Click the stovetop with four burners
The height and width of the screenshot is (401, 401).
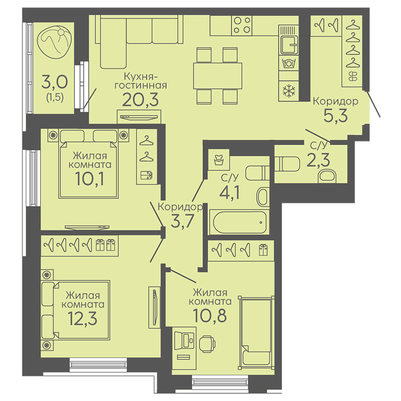click(242, 26)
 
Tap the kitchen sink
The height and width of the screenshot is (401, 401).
click(289, 45)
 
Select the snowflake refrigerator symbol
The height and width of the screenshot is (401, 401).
click(289, 91)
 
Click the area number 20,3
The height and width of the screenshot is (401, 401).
click(140, 99)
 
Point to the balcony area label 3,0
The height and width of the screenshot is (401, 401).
click(55, 82)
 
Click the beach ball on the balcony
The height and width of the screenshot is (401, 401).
click(54, 42)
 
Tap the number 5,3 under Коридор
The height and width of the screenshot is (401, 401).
click(336, 116)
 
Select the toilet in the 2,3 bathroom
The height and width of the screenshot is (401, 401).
click(287, 164)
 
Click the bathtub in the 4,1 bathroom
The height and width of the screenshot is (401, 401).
click(239, 222)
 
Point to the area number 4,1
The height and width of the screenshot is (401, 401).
click(229, 192)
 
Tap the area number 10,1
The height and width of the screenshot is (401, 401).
click(90, 179)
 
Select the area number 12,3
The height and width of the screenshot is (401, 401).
click(82, 319)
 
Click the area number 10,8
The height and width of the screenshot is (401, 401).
click(210, 315)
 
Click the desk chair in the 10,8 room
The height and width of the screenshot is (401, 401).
click(207, 344)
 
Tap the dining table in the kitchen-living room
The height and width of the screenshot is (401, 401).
click(218, 76)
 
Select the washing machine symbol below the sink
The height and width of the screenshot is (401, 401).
click(289, 63)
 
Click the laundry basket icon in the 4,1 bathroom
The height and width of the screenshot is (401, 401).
click(219, 160)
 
